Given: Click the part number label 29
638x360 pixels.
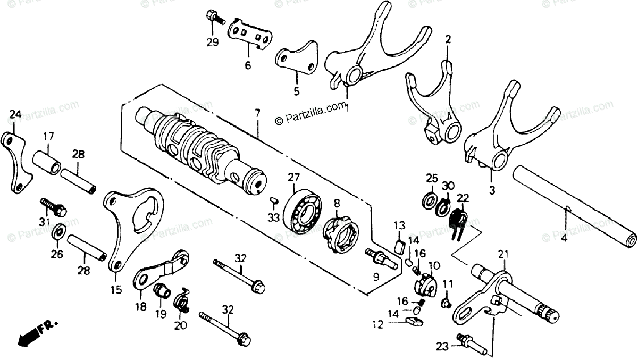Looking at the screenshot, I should [x=213, y=43].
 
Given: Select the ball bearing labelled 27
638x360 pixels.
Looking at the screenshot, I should [x=304, y=211].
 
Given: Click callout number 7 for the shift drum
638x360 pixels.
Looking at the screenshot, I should [x=257, y=113].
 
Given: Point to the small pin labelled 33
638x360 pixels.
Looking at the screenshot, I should [x=274, y=200].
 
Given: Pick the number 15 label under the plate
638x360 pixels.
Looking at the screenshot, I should [x=116, y=290].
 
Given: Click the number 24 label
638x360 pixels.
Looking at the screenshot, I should [x=15, y=114].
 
